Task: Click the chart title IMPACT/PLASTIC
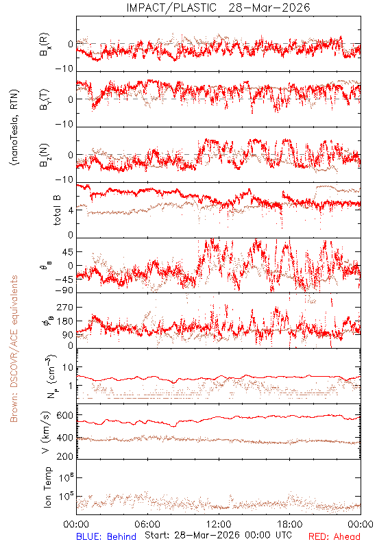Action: pos(171,8)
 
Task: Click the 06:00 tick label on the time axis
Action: pos(147,524)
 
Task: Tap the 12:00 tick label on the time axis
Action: pos(219,524)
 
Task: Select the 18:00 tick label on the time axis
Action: pos(290,524)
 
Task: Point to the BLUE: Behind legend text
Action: pos(106,536)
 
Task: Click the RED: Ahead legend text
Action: pos(335,536)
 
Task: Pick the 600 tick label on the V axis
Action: pos(64,415)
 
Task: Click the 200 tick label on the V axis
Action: pos(64,456)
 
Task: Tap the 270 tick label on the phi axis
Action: pos(64,307)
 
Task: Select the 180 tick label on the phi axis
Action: pos(64,321)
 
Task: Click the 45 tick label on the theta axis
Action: pos(68,251)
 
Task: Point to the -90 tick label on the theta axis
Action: pos(64,290)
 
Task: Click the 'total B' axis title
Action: pos(57,210)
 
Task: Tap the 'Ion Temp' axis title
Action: pos(47,487)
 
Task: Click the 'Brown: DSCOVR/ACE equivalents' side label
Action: pos(14,349)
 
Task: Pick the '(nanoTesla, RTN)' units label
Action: pos(14,127)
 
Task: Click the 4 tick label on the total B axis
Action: pos(71,210)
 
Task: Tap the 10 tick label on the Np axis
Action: pos(68,367)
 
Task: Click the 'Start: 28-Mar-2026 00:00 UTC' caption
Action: pos(218,535)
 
